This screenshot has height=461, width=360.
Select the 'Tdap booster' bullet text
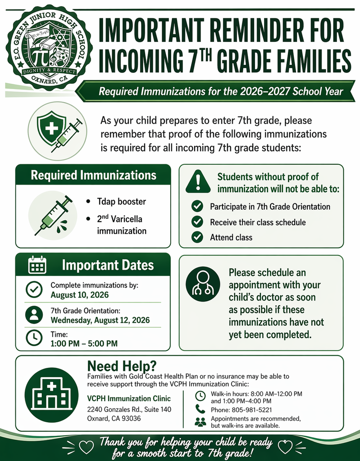pos(122,201)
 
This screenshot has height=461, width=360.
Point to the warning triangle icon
pos(197,181)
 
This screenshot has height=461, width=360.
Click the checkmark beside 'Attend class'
pos(197,237)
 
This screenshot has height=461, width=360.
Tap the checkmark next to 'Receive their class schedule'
pos(197,222)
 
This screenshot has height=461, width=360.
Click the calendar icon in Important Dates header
pos(37,265)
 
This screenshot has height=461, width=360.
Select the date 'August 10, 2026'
pos(79,295)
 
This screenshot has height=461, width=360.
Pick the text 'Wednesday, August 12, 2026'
pos(100,321)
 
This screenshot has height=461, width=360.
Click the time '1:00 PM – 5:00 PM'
pos(84,343)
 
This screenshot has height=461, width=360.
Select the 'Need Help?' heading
pos(122,365)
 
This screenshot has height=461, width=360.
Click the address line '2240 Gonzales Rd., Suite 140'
pos(129,409)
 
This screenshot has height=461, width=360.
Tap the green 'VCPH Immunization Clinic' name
pos(129,398)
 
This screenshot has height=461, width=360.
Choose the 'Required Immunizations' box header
pos(93,175)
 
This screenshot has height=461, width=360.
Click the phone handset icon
pos(200,409)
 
